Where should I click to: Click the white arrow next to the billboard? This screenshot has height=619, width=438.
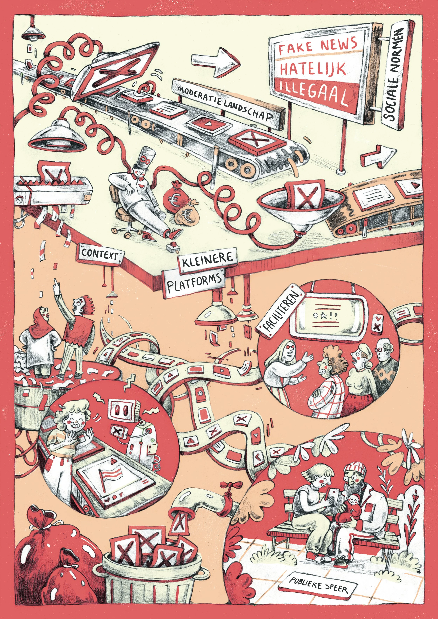click(x=214, y=62)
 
